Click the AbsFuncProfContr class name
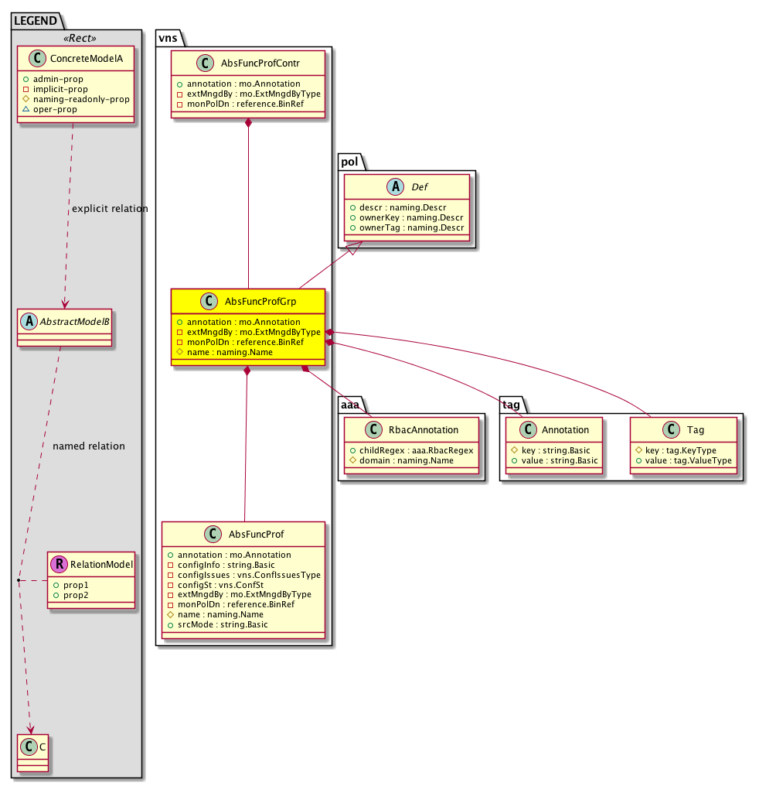260,63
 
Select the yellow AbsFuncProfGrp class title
260,301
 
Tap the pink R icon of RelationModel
59,564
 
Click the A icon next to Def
396,186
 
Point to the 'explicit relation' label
110,209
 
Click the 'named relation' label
89,446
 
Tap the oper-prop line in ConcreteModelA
50,109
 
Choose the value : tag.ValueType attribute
684,460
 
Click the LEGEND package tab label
36,21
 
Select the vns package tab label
168,38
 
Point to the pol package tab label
349,162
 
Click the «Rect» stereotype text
80,38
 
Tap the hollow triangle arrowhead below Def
355,247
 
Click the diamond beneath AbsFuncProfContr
248,123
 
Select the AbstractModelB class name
75,322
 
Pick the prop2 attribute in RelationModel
70,595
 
